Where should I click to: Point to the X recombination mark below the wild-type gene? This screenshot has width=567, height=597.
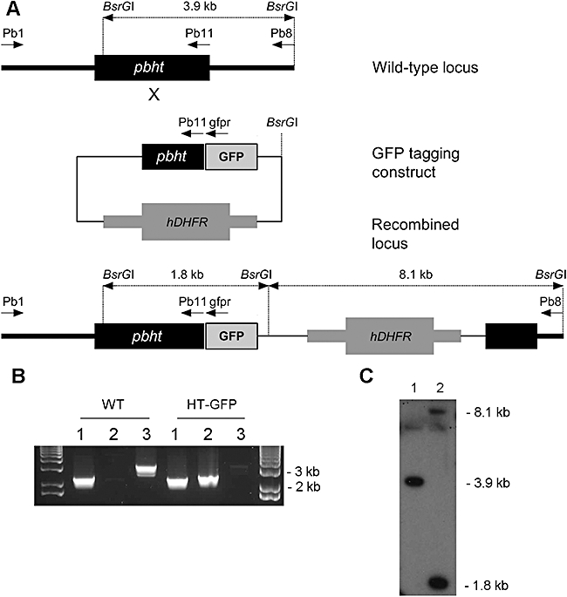pos(154,94)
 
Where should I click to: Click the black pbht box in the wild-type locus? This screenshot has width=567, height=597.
pos(152,68)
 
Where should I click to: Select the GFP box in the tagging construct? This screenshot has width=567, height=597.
pos(231,157)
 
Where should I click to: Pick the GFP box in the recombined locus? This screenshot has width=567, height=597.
pos(231,335)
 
